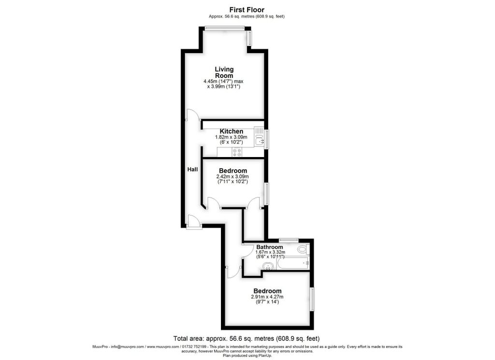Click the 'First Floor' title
coord(247,10)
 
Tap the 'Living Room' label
coord(224,72)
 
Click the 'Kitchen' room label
coord(232,131)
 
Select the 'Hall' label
coord(192,170)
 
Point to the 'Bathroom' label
coord(270,247)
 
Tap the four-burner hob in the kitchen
coord(237,152)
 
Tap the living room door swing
coord(192,115)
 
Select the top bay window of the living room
coord(224,28)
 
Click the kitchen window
coord(267,139)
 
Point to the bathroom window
coord(289,240)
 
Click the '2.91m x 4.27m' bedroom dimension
coord(267,297)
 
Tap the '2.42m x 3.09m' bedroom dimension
coord(233,177)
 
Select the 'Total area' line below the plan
coord(247,339)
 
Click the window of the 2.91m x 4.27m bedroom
coord(312,299)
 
